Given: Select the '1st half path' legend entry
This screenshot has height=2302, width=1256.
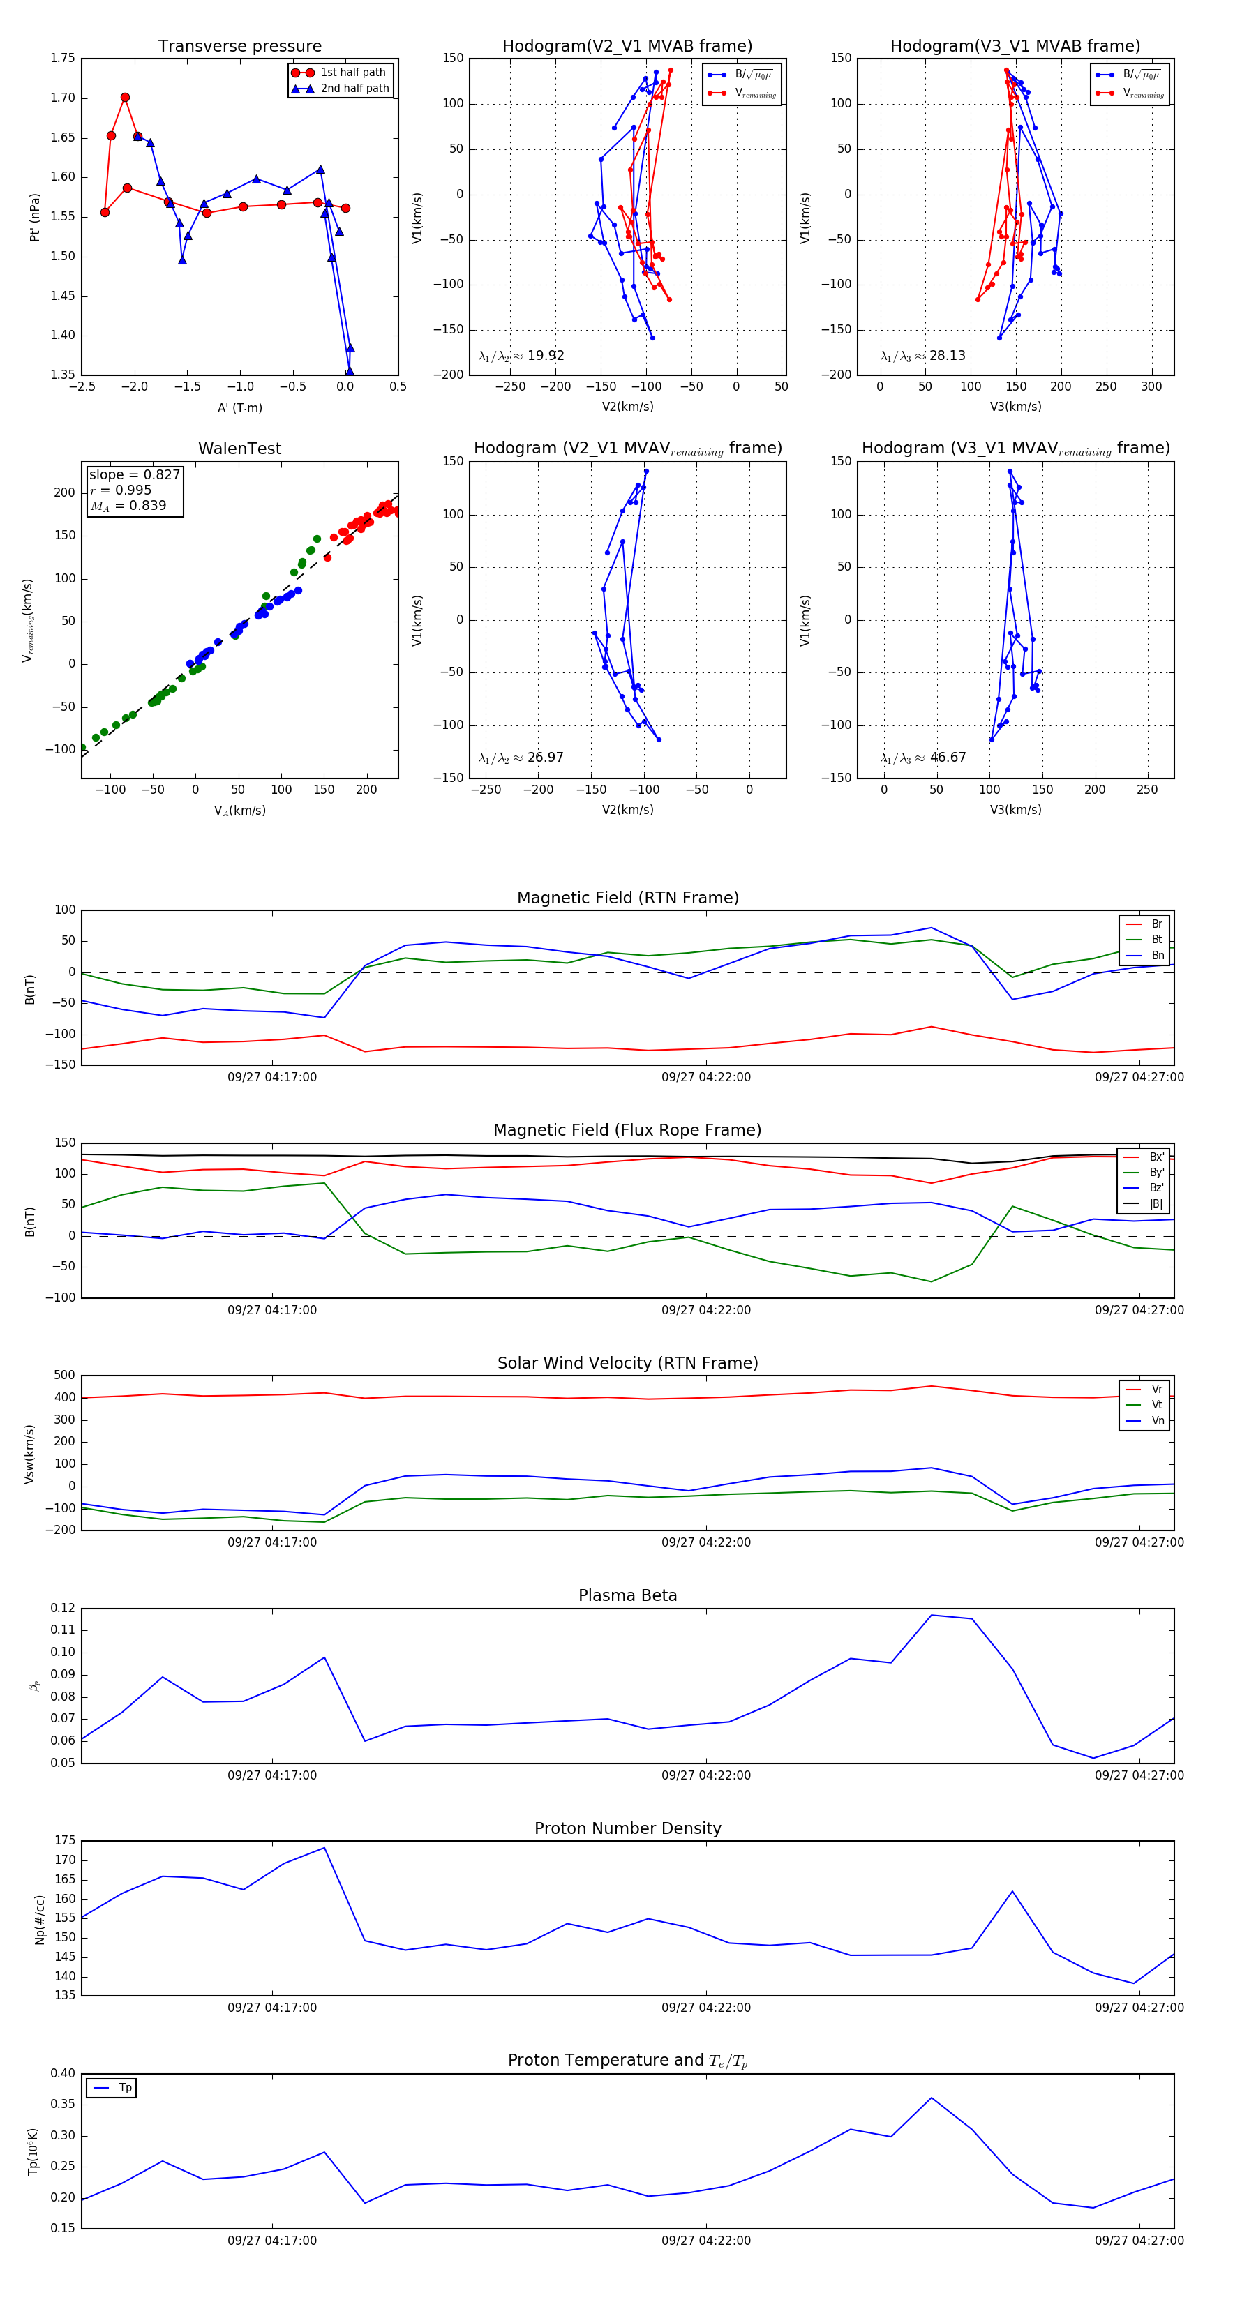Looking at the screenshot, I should click(x=352, y=73).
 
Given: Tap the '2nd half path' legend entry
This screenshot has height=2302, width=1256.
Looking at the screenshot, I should click(x=354, y=89).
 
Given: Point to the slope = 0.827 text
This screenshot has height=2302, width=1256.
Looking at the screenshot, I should click(x=134, y=474).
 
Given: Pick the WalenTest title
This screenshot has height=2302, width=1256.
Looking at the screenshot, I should click(x=239, y=449).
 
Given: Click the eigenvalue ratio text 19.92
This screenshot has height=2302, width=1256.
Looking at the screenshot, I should click(x=544, y=356).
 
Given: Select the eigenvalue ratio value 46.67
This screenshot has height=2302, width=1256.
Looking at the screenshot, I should click(x=947, y=758).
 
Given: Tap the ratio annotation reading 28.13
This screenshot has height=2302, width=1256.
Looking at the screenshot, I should click(x=947, y=356).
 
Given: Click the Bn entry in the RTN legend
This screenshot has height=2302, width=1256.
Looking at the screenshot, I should click(x=1157, y=955).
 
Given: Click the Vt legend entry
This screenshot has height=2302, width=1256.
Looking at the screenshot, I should click(x=1157, y=1405).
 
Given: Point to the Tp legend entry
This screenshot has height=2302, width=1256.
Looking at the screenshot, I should click(x=124, y=2088).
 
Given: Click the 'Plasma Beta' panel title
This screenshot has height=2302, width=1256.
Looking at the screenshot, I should click(x=627, y=1595).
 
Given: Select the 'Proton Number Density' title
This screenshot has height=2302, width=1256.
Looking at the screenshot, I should click(x=627, y=1828).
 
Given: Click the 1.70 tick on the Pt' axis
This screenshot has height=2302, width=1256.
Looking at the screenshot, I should click(x=63, y=98).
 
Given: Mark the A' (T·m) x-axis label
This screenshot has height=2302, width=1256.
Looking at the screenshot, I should click(x=239, y=407).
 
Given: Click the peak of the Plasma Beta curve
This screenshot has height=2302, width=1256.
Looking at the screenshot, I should click(x=932, y=1615).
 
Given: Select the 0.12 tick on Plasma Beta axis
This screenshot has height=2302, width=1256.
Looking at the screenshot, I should click(x=63, y=1608).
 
